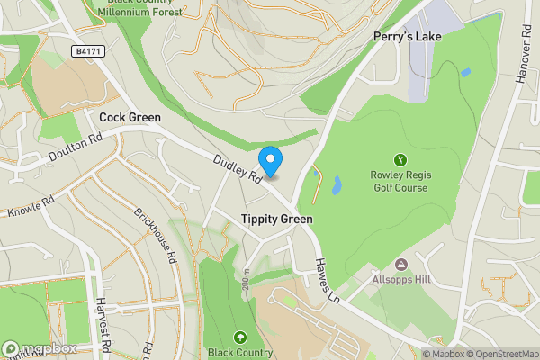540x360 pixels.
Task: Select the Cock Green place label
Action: [x=130, y=117]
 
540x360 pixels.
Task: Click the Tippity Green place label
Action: [x=276, y=220]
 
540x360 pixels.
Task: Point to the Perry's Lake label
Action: [x=403, y=37]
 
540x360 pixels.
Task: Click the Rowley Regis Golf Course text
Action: [x=401, y=181]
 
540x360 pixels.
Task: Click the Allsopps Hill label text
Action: [x=402, y=279]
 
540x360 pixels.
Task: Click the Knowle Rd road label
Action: [x=31, y=208]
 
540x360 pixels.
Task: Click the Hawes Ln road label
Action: [x=325, y=280]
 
